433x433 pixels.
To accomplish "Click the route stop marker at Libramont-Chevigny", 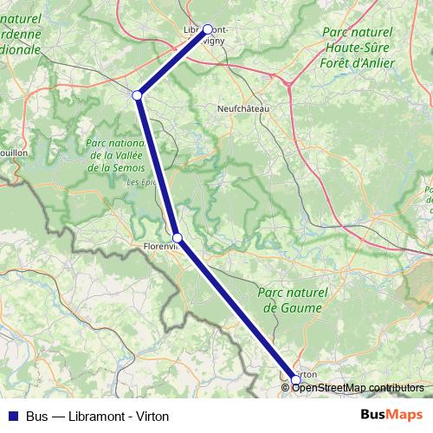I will tap(208, 29).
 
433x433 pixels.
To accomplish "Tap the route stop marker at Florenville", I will tap(178, 237).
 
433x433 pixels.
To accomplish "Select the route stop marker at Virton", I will tap(296, 379).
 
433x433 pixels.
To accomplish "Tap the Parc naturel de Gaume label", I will tap(292, 301).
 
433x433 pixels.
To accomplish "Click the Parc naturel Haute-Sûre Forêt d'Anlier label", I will tap(357, 47).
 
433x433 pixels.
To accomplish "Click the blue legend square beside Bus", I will tap(11, 415).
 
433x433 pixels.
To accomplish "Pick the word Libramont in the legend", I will tap(88, 415).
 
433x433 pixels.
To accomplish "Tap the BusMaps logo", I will tap(391, 415).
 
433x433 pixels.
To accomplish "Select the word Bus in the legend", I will tap(37, 415).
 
